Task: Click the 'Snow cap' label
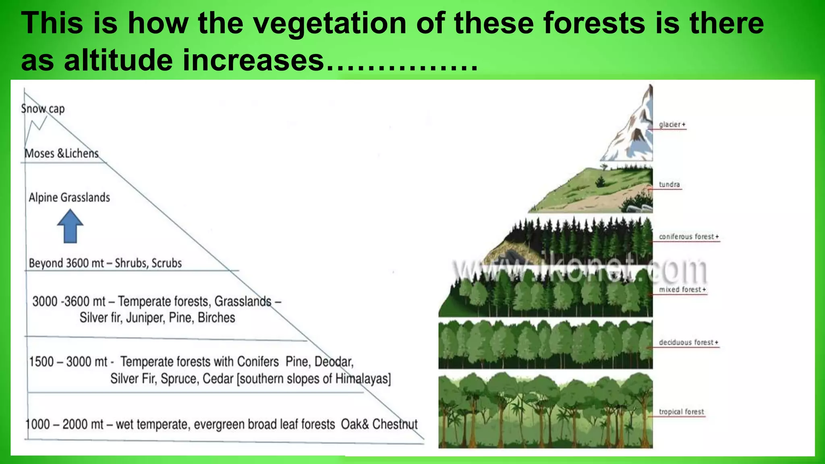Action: (x=43, y=109)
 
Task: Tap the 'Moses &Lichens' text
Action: (x=62, y=153)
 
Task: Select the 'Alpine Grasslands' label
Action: (x=69, y=197)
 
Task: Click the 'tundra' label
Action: (x=669, y=184)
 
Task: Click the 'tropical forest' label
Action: (x=681, y=412)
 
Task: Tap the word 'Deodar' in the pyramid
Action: (x=334, y=362)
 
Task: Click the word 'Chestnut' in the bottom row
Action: (x=395, y=424)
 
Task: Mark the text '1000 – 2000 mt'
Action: (x=64, y=424)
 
